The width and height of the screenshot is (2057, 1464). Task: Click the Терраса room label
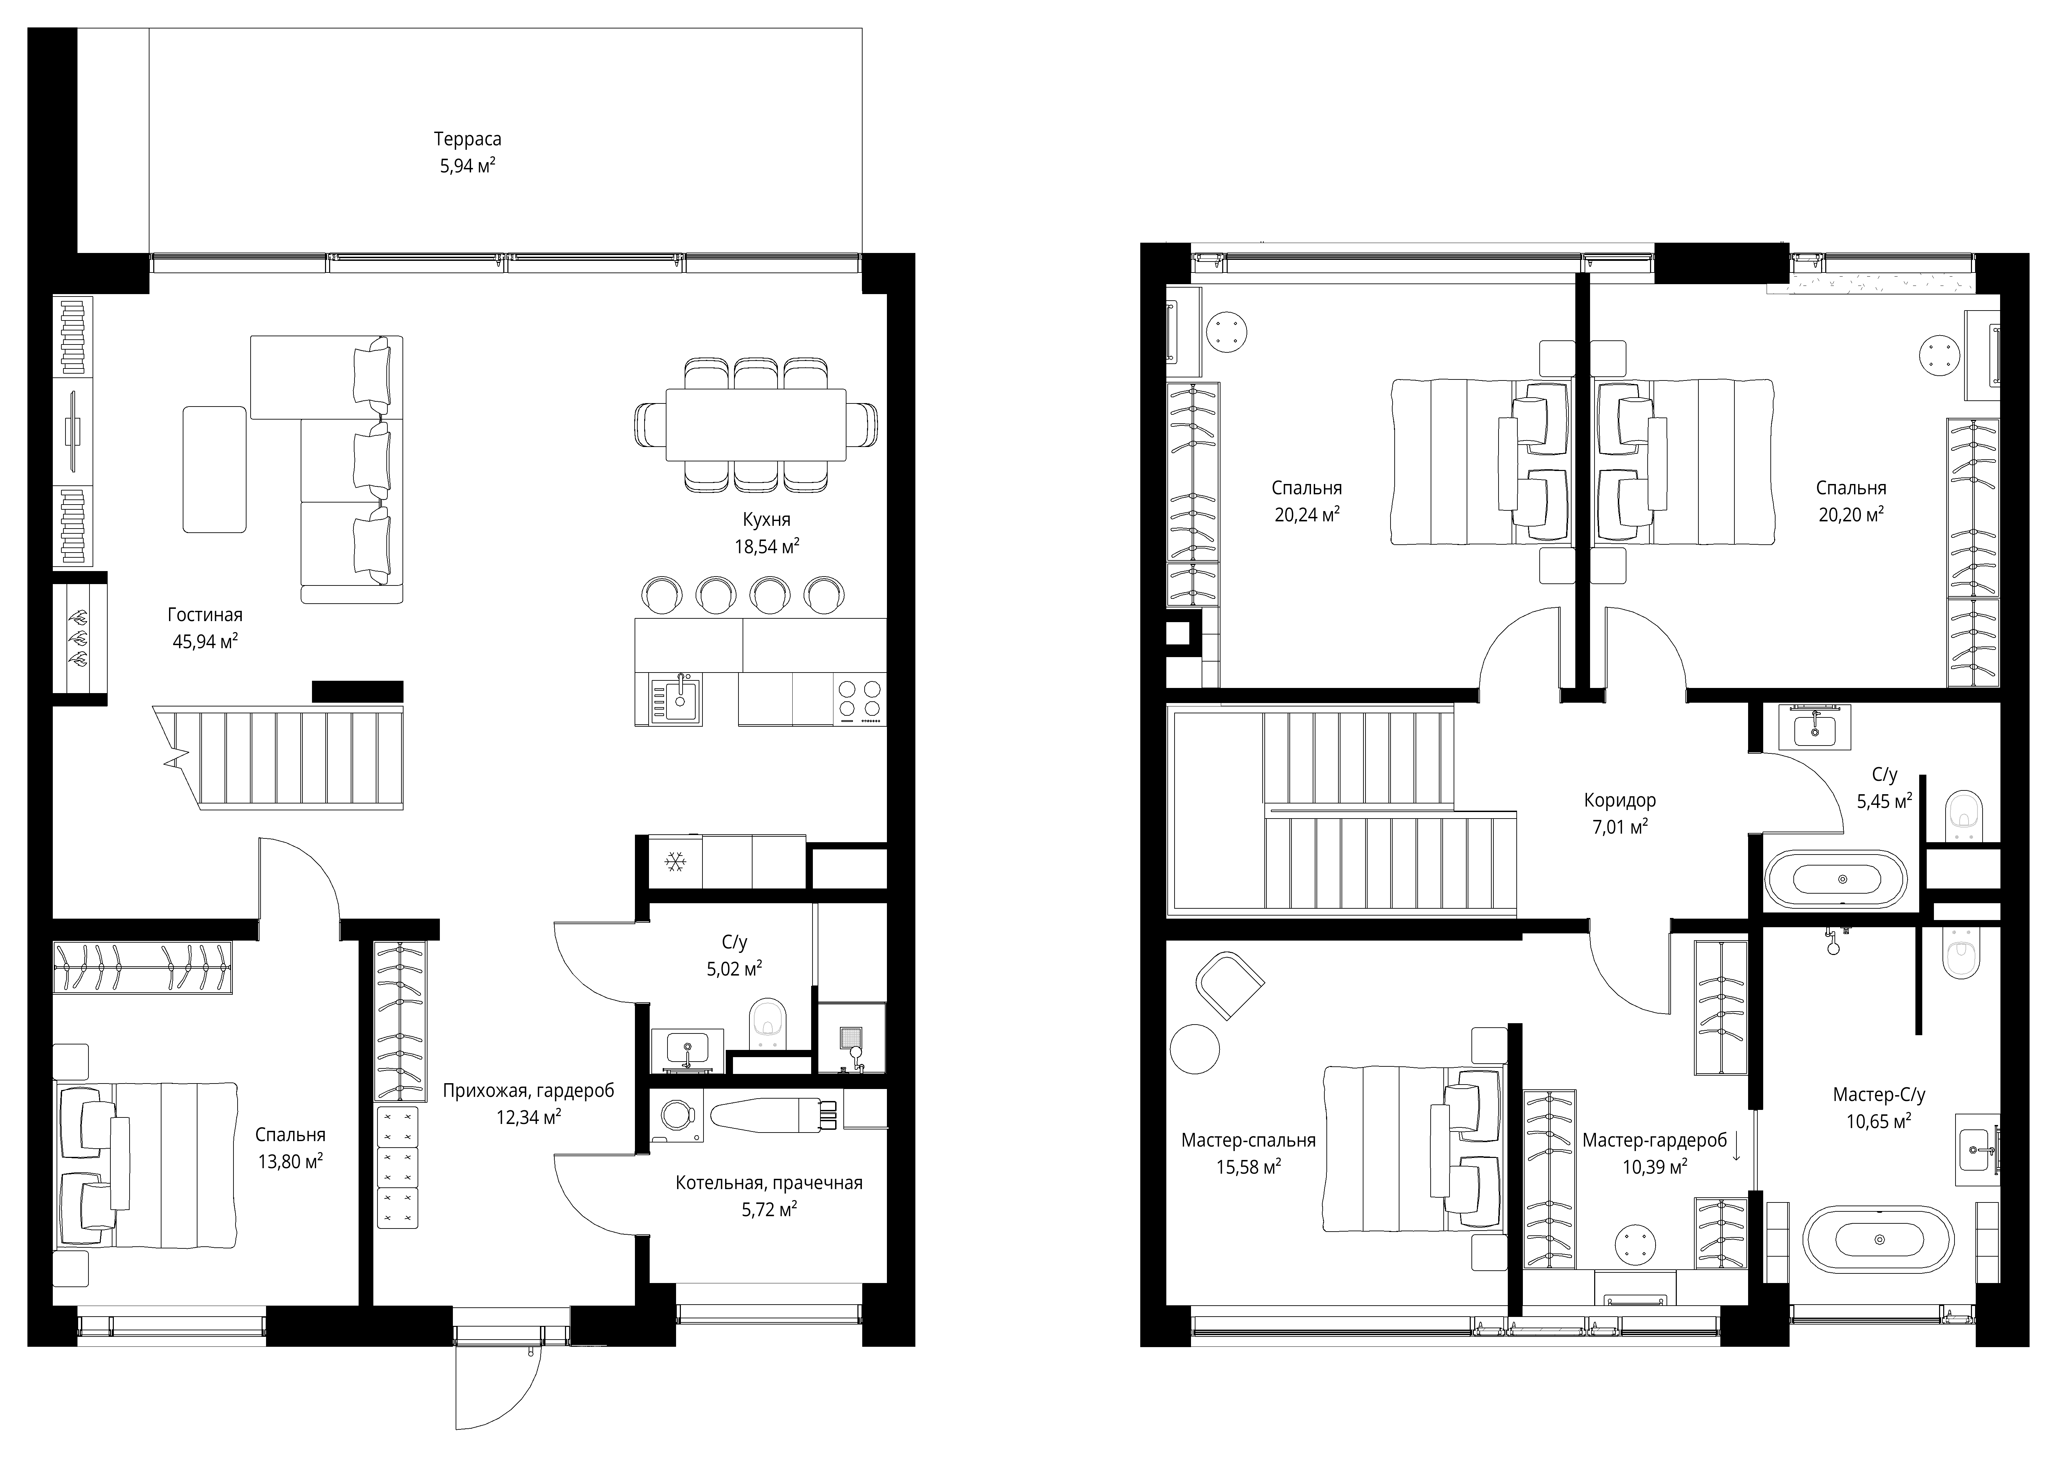coord(467,139)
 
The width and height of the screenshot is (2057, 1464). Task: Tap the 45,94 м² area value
coord(205,641)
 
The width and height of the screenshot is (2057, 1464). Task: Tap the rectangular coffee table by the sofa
coord(215,469)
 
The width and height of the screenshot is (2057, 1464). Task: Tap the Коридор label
coord(1620,800)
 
